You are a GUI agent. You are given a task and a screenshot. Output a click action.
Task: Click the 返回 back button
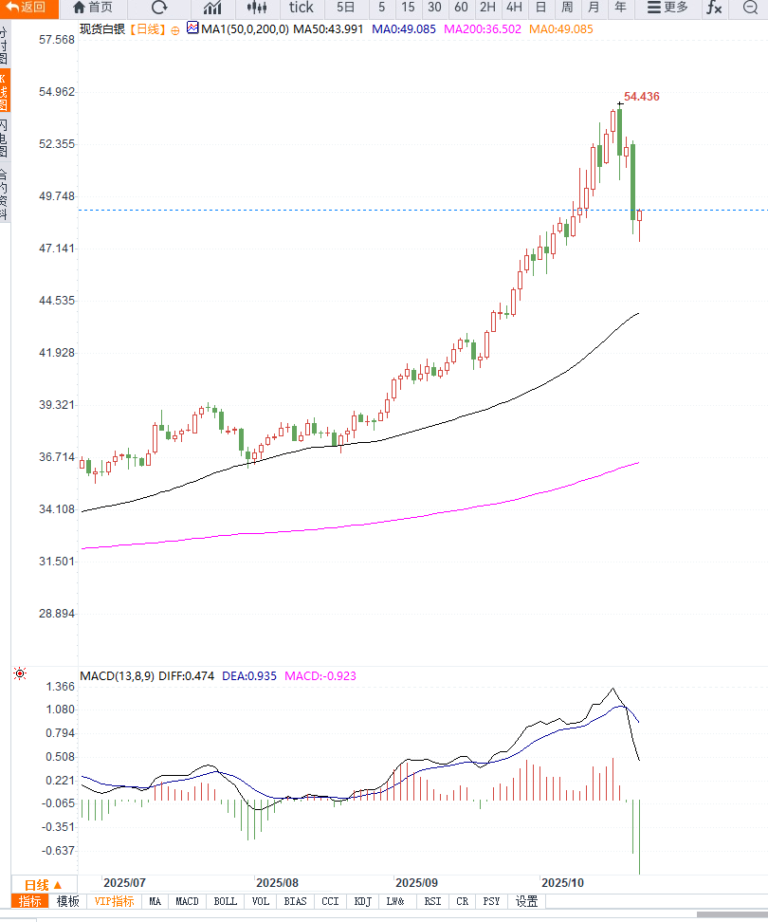point(27,8)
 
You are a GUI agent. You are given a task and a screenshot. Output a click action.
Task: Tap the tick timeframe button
point(301,8)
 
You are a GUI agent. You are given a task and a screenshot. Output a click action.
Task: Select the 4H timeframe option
point(514,8)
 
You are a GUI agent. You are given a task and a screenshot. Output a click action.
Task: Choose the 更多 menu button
point(668,8)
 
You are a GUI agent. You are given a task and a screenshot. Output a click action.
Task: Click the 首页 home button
point(93,8)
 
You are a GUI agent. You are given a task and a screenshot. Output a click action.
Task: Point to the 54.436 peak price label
point(642,97)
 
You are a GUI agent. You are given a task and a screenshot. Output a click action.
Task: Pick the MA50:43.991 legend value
point(328,29)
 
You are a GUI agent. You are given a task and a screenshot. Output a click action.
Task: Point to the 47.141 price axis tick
point(57,249)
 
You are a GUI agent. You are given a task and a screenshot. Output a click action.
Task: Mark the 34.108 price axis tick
point(57,509)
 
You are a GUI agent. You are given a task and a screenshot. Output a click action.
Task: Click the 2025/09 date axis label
point(416,882)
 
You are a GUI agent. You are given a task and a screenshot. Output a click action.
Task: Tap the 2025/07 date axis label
point(124,882)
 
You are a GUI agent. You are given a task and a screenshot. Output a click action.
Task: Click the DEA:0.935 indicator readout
point(249,676)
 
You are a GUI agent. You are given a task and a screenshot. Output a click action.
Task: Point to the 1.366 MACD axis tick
point(62,687)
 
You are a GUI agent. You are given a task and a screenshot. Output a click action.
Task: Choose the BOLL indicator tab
point(225,901)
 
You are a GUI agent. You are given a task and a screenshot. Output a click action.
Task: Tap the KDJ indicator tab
point(362,901)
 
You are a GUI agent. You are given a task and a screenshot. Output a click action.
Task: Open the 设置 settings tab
point(527,901)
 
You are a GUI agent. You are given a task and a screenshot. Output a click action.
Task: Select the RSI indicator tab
point(432,901)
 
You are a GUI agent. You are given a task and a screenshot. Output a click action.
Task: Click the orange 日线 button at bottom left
point(43,885)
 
